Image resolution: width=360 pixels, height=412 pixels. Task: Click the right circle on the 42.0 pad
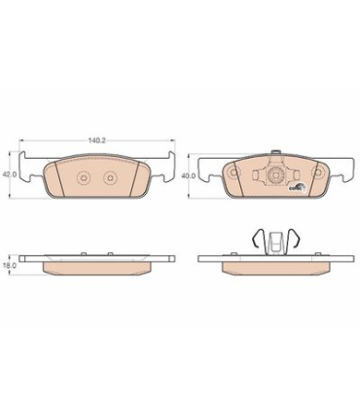109,178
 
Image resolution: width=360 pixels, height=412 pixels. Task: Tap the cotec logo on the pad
298,189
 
